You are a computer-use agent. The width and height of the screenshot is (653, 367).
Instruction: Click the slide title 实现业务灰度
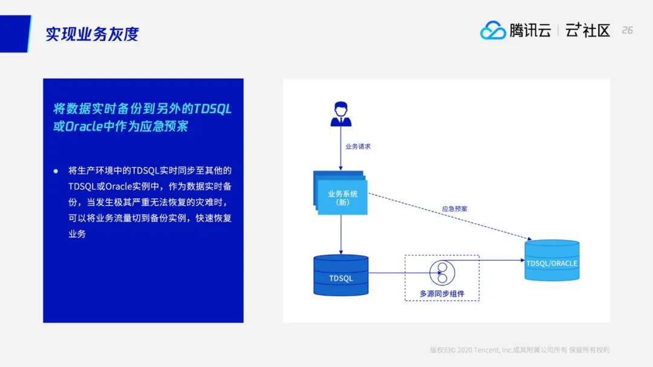92,34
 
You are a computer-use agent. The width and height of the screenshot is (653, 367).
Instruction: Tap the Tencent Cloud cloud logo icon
493,30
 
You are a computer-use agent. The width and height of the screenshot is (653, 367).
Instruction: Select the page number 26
627,30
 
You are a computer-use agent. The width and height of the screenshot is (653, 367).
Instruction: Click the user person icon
340,114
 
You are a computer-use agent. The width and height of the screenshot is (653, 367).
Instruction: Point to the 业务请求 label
357,146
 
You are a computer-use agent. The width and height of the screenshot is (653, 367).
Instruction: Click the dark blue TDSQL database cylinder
340,275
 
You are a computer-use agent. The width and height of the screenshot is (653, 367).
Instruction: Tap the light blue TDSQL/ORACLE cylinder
551,261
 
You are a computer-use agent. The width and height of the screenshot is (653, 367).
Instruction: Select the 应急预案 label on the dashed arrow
454,209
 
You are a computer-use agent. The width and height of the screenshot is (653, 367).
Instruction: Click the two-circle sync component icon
441,273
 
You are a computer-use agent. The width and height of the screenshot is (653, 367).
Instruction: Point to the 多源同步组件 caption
441,294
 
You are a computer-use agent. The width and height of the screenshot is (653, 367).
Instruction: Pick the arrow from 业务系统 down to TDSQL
340,235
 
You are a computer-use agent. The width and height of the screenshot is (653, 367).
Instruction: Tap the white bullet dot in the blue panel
56,171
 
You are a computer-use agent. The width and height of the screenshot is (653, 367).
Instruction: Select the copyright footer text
519,349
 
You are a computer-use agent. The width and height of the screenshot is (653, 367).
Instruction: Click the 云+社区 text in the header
588,30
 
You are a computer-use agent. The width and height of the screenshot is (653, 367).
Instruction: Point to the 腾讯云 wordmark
530,30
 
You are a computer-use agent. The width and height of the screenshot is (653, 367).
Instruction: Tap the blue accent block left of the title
15,34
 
